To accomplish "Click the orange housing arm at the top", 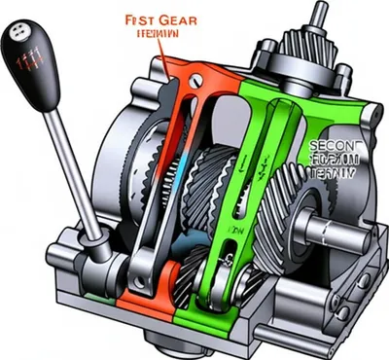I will pyautogui.click(x=185, y=73).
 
